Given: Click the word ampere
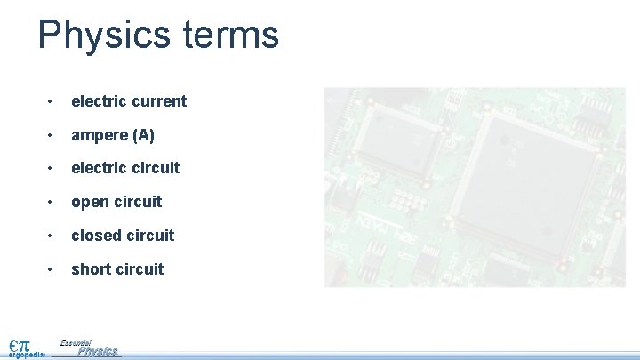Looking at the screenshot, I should click(100, 135).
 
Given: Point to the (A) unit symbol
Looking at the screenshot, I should click(143, 135).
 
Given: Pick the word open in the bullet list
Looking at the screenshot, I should click(90, 202).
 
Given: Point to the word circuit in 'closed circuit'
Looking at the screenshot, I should click(150, 236).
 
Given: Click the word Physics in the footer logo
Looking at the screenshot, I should click(98, 352).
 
